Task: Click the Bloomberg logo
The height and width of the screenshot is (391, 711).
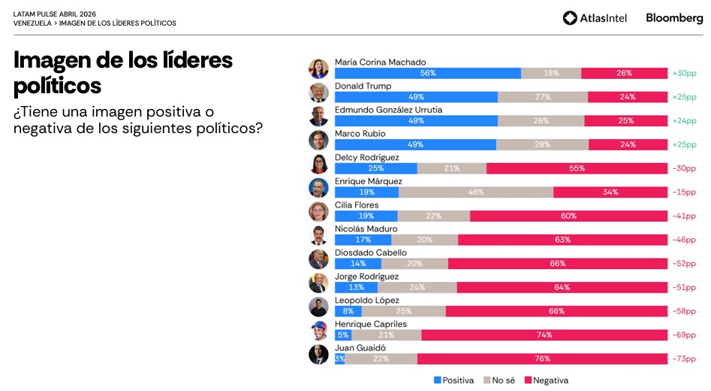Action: (674, 18)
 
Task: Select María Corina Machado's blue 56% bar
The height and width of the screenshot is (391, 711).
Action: (427, 74)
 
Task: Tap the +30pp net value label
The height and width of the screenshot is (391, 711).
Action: (684, 74)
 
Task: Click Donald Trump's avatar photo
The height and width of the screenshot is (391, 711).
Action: (318, 92)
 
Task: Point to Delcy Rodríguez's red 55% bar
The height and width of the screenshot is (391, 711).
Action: (577, 168)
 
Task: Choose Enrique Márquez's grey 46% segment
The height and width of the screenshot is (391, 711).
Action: (476, 192)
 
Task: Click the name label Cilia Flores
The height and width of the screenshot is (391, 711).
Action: (357, 205)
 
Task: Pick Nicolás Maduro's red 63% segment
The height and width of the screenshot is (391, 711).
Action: (562, 240)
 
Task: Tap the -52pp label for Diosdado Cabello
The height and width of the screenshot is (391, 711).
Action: (684, 263)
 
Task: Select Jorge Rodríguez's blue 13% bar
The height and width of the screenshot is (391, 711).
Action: (356, 287)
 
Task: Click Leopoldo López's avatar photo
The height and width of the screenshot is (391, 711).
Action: (318, 307)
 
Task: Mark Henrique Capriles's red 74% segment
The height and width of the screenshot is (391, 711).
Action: (544, 335)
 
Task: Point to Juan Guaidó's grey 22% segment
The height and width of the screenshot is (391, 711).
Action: (381, 359)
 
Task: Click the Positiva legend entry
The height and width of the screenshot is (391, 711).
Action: (453, 380)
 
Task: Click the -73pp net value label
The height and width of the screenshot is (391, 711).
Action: (684, 359)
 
